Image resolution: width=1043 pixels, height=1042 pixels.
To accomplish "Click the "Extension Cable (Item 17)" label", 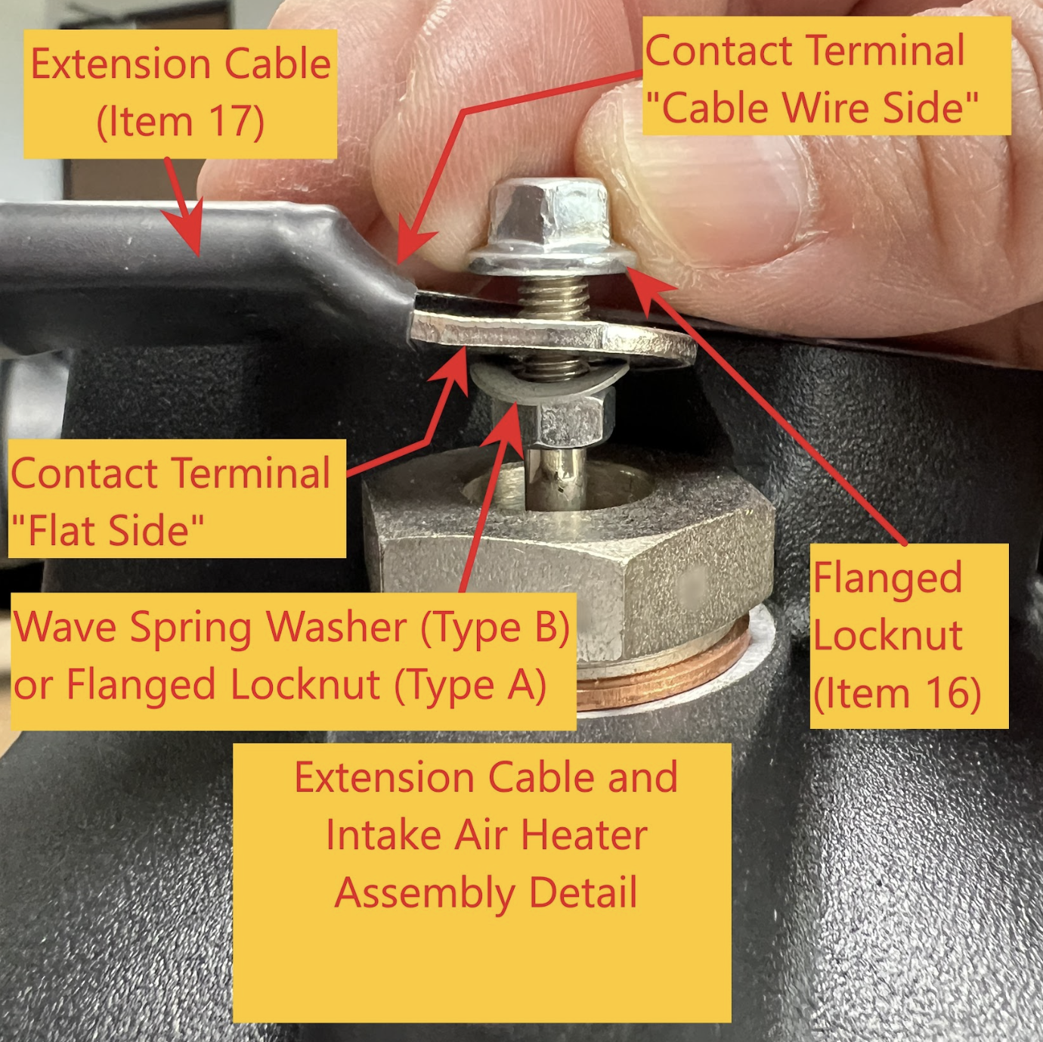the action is click(180, 94).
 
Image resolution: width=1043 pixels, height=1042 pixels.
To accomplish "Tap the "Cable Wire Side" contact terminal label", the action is click(826, 76).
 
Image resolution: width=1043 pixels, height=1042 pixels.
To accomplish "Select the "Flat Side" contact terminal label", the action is click(177, 498).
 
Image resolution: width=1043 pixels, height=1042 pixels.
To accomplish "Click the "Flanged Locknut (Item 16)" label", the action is click(908, 636).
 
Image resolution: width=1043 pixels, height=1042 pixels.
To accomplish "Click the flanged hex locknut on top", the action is click(549, 228).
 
